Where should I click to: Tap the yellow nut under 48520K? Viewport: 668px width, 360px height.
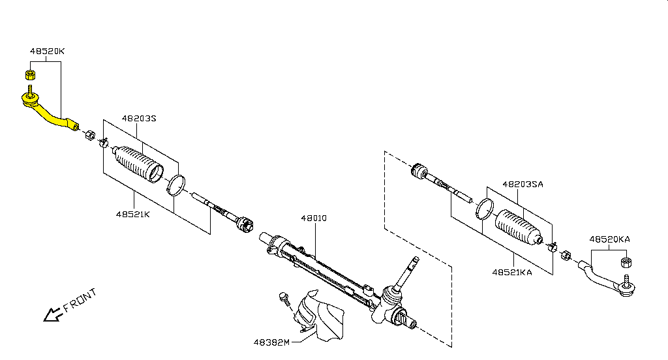[30, 73]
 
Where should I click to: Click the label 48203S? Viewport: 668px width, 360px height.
[139, 119]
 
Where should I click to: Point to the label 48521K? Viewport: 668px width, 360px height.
[133, 214]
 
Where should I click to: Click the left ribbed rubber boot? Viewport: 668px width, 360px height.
[138, 164]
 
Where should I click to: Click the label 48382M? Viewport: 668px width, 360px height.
[272, 342]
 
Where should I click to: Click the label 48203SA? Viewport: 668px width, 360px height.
[523, 185]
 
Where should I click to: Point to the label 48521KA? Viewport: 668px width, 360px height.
[512, 272]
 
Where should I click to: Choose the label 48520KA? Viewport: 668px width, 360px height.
[609, 239]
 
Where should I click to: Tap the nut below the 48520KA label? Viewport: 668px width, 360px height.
[624, 263]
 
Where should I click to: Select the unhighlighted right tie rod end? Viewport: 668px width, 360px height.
[607, 281]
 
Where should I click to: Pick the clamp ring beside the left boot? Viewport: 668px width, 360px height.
[175, 185]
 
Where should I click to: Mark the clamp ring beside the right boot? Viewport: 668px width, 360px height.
[483, 208]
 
